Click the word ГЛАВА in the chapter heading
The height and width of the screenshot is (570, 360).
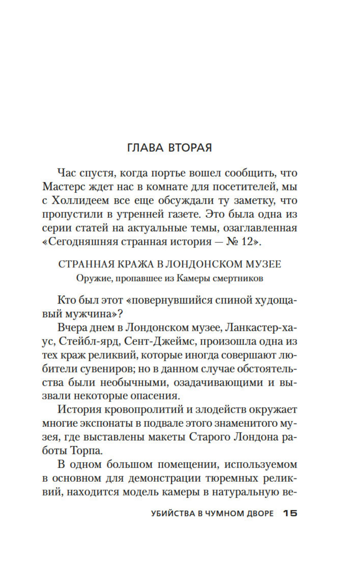[146, 148]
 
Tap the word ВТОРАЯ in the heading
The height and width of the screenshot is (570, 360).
[190, 148]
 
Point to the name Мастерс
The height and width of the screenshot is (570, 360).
[64, 187]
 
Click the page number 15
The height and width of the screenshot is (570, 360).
[290, 513]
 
